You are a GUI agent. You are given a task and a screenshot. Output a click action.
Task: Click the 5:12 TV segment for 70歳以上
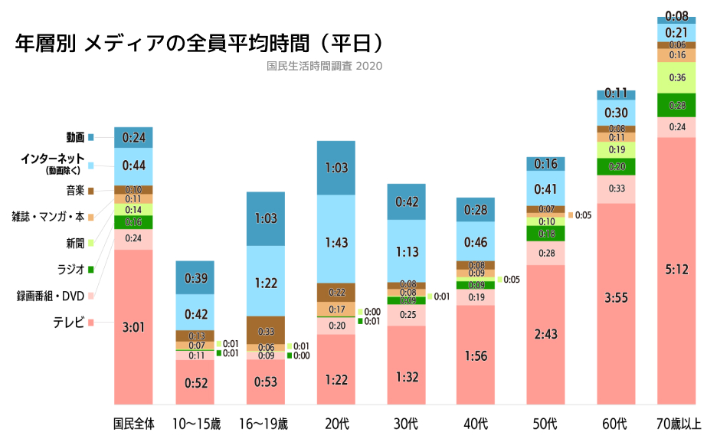pos(677,270)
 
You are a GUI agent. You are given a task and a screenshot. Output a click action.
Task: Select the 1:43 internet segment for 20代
pos(335,242)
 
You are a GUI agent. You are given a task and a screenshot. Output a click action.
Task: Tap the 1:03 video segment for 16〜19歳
pos(265,218)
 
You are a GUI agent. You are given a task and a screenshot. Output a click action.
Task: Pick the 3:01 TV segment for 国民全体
pos(133,327)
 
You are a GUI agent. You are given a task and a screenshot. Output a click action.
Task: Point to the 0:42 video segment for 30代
pos(406,201)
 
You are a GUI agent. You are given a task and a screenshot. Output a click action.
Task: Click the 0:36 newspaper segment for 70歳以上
pos(677,77)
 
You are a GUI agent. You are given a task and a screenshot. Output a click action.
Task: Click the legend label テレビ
pos(68,323)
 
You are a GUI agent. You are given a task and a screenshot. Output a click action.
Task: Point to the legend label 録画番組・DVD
pos(51,295)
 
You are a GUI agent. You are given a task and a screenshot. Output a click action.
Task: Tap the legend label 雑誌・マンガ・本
pos(48,217)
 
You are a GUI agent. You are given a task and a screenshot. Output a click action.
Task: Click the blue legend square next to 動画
pos(91,137)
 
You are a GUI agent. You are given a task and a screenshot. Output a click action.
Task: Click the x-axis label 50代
pos(545,423)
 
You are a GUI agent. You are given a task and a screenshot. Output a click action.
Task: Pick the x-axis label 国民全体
pos(133,423)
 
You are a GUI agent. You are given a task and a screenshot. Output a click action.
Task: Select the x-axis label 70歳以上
pos(677,423)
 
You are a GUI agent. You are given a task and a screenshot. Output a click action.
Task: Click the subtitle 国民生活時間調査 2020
pos(324,66)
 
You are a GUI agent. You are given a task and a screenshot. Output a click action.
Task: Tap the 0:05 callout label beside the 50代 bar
pos(583,215)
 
